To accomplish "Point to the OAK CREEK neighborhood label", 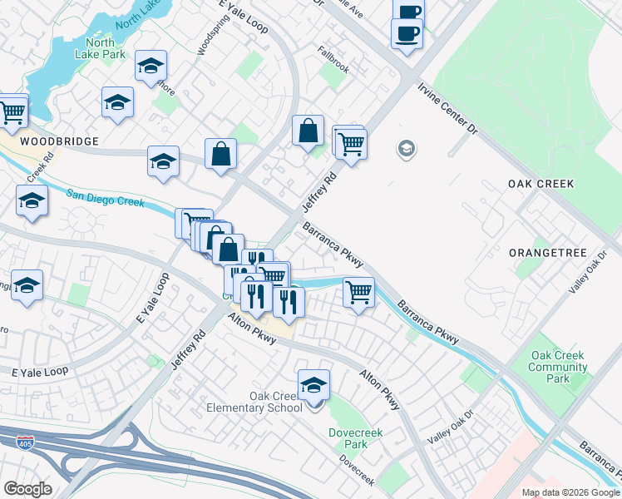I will tap(541, 183).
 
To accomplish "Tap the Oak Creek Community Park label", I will tap(558, 367).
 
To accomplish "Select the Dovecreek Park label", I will tap(348, 437).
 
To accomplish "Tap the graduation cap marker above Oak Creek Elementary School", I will tap(313, 384).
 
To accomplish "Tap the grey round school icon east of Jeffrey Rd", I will tap(407, 150).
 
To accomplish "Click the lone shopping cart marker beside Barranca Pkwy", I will tap(358, 292).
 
